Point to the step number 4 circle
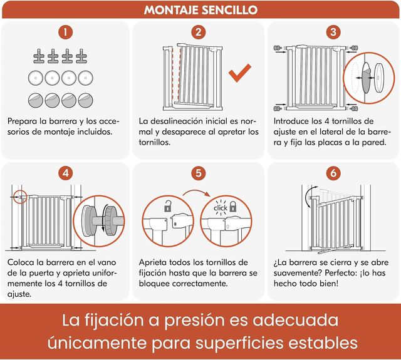coord(67,172)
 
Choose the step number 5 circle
coord(199,172)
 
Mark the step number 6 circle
coord(334,172)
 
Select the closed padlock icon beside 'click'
coord(234,206)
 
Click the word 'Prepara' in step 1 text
coord(27,120)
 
